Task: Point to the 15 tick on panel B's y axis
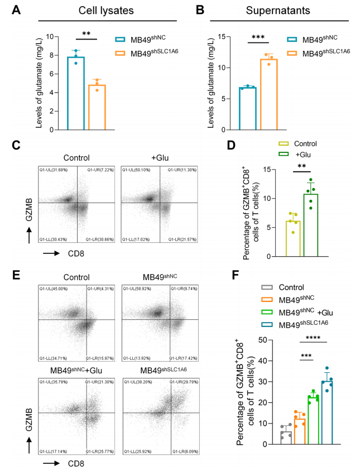point(223,37)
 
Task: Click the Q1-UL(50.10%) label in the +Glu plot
point(136,170)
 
